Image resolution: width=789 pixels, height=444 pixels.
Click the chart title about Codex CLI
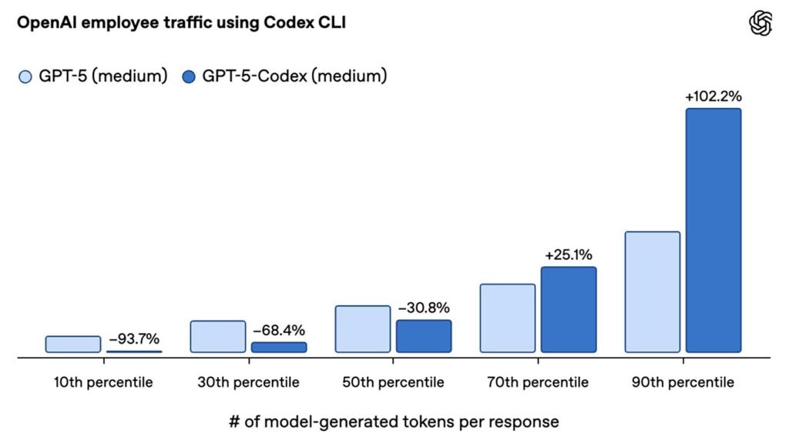point(181,23)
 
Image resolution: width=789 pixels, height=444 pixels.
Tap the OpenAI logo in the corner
point(760,23)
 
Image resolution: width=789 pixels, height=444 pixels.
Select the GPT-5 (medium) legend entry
point(93,76)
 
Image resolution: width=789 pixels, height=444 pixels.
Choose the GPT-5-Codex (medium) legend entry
point(284,76)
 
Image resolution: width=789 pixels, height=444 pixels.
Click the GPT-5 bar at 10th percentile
point(73,344)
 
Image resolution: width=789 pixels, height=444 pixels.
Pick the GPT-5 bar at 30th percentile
point(218,336)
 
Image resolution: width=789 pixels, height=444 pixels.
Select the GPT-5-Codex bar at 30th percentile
point(279,347)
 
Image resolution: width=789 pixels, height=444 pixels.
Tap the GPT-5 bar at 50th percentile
point(363,329)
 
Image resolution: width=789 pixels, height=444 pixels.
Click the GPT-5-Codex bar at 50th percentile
point(424,336)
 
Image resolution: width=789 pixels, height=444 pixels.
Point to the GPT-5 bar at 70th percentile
point(508,318)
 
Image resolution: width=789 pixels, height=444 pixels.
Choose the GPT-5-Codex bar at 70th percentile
point(569,309)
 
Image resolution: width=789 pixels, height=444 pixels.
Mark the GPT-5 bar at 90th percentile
point(653,291)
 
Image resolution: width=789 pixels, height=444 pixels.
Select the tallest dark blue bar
point(713,230)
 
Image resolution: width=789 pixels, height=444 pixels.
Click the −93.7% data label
point(134,338)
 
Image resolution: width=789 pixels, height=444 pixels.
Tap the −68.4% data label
point(280,330)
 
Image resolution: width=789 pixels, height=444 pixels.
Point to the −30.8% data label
point(424,308)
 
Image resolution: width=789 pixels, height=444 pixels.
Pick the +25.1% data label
point(569,254)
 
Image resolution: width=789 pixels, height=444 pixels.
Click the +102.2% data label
point(713,96)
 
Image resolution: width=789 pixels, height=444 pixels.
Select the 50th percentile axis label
point(394,382)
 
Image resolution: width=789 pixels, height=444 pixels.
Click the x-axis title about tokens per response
point(394,422)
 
